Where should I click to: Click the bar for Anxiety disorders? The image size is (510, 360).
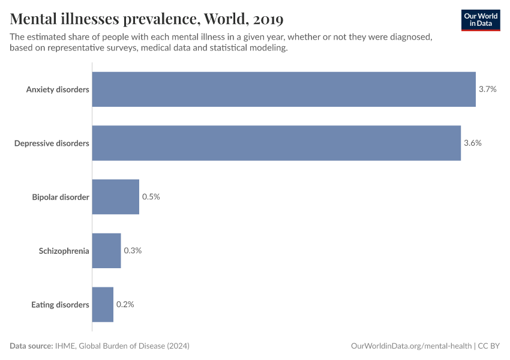(284, 89)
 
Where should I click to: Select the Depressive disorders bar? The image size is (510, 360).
(276, 143)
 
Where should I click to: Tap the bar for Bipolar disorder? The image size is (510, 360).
(115, 197)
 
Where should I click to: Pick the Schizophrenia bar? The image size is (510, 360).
(106, 250)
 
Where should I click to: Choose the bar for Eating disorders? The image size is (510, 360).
(103, 304)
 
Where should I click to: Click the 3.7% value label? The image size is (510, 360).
(487, 89)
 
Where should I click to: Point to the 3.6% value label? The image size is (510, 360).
(473, 143)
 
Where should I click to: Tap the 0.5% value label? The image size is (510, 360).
(151, 197)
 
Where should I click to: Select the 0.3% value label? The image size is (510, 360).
(133, 250)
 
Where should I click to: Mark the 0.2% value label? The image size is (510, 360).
(125, 304)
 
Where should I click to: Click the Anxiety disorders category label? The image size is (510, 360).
(58, 89)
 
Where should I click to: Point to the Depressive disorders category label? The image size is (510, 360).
(52, 143)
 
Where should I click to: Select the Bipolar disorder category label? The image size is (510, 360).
(61, 197)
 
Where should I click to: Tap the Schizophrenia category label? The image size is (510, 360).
(64, 251)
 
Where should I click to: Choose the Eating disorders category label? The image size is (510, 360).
(60, 305)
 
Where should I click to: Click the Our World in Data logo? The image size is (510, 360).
(480, 20)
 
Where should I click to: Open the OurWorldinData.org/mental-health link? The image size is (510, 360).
(411, 346)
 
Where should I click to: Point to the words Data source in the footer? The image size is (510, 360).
(31, 346)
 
